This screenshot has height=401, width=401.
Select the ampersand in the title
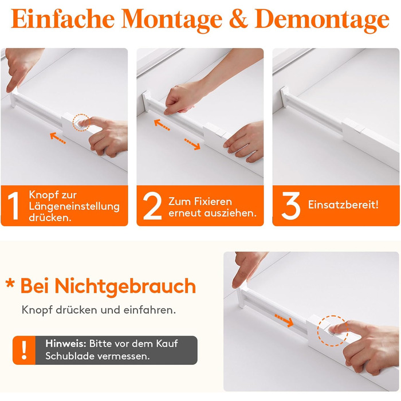coord(238,19)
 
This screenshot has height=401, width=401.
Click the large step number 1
coord(14,206)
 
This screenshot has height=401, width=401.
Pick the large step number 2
coord(152,206)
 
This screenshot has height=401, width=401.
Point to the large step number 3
coord(291,206)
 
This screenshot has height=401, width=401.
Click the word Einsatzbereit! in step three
coord(343,205)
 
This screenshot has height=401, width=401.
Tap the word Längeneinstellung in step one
coord(74,206)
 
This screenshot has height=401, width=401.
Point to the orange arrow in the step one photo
coord(58,138)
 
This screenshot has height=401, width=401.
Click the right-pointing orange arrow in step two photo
coord(192,144)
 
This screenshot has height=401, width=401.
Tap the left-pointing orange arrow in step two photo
coord(162,125)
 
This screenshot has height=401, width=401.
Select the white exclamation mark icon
coord(24,350)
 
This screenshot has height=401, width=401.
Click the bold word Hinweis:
coord(66,343)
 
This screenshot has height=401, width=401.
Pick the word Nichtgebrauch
coord(125,286)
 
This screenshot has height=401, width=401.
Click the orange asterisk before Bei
coord(10,284)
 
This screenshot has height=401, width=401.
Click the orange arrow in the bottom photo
coord(284,320)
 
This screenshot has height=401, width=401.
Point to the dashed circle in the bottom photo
coord(318,331)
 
